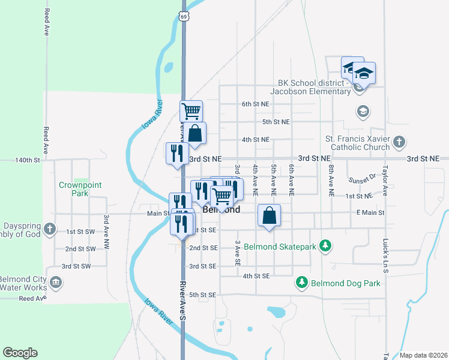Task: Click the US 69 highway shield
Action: [x=183, y=17]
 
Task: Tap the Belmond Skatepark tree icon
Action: [x=325, y=245]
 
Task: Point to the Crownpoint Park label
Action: [x=73, y=189]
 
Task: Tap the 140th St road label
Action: [x=28, y=160]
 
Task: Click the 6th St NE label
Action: [x=255, y=104]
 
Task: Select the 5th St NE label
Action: [x=276, y=122]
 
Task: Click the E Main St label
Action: [x=370, y=212]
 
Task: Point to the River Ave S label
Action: [x=184, y=300]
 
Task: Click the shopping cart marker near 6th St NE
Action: [x=191, y=110]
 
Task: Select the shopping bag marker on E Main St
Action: [x=270, y=215]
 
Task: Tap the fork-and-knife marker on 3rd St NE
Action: [x=176, y=153]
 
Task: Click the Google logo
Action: [x=20, y=353]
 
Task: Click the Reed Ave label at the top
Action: [x=46, y=22]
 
